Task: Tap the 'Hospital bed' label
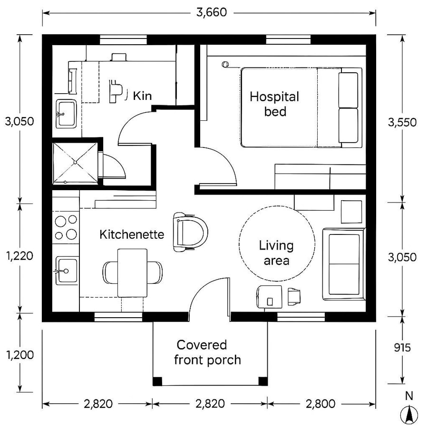(274, 104)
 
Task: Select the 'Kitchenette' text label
(132, 234)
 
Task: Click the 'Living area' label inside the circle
(276, 253)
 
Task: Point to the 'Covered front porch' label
(207, 352)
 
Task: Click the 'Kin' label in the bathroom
(142, 96)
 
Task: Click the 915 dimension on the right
(402, 348)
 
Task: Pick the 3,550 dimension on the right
(402, 122)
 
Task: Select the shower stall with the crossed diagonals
(75, 163)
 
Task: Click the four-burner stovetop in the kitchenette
(66, 227)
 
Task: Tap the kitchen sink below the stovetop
(66, 271)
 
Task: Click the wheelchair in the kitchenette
(190, 232)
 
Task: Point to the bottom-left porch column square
(157, 381)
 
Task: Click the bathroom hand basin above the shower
(66, 114)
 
